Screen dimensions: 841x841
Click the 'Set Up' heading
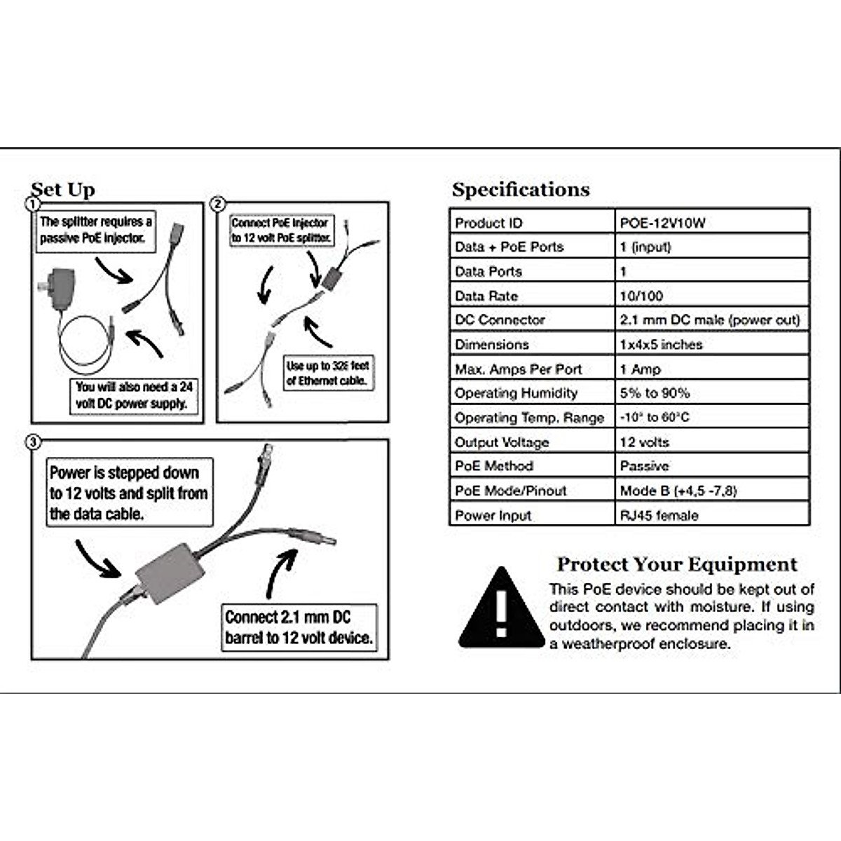(x=63, y=189)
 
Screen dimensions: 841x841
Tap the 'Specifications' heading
(x=521, y=189)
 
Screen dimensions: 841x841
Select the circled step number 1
(x=32, y=205)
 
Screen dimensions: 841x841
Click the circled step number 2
(x=218, y=204)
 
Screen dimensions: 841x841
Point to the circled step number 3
(x=32, y=443)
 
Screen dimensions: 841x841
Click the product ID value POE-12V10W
(x=662, y=223)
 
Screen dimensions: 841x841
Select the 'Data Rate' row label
(x=486, y=296)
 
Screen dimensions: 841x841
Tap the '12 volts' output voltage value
(x=644, y=442)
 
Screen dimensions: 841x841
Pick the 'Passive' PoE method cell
(x=644, y=466)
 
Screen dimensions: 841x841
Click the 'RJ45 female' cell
(x=659, y=515)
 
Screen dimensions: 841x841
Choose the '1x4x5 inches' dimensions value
(x=661, y=344)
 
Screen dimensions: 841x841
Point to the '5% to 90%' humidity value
(x=655, y=393)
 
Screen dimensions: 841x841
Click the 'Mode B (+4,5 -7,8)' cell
(x=678, y=491)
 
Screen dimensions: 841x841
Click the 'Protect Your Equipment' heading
(x=676, y=564)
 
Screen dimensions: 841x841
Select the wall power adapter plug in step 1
(x=59, y=289)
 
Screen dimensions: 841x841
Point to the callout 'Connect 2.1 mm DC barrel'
(x=299, y=627)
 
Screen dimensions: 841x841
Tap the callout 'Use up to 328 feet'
(x=327, y=373)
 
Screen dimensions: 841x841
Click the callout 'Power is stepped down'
(x=128, y=493)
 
